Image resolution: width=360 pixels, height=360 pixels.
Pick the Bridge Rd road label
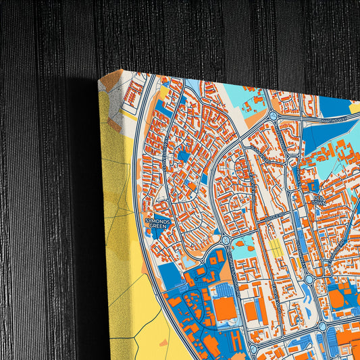point(273,220)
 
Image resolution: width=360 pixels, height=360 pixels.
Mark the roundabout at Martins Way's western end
point(273,116)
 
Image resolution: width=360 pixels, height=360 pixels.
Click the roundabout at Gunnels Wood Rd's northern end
point(225,240)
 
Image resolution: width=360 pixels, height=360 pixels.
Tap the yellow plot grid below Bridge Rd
point(276,249)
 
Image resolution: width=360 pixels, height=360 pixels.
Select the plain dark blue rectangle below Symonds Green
point(170,277)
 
